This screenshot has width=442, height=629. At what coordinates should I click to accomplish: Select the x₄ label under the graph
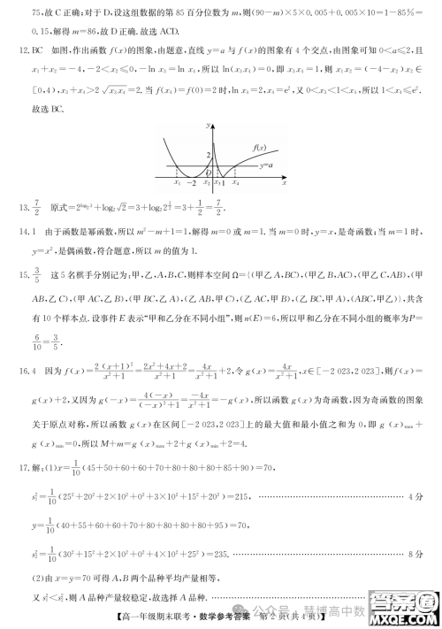236,183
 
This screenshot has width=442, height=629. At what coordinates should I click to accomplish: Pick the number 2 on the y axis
209,156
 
